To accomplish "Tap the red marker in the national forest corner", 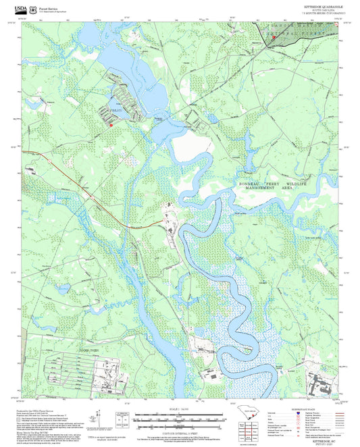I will tap(274, 38).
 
